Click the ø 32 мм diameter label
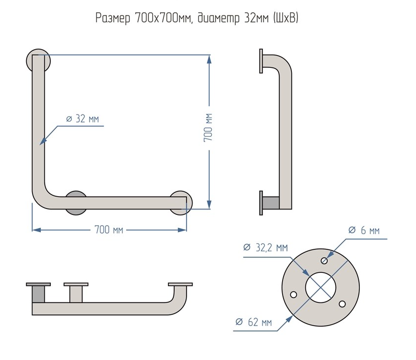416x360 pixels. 83,119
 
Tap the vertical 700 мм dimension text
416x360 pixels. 209,127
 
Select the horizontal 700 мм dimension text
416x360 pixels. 109,230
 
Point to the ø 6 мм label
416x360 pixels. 364,230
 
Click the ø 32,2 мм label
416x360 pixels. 265,247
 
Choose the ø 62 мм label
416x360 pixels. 254,322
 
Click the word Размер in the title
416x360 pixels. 113,19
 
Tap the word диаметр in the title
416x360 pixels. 219,19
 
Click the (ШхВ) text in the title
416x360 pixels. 286,18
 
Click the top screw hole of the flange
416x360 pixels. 324,261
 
